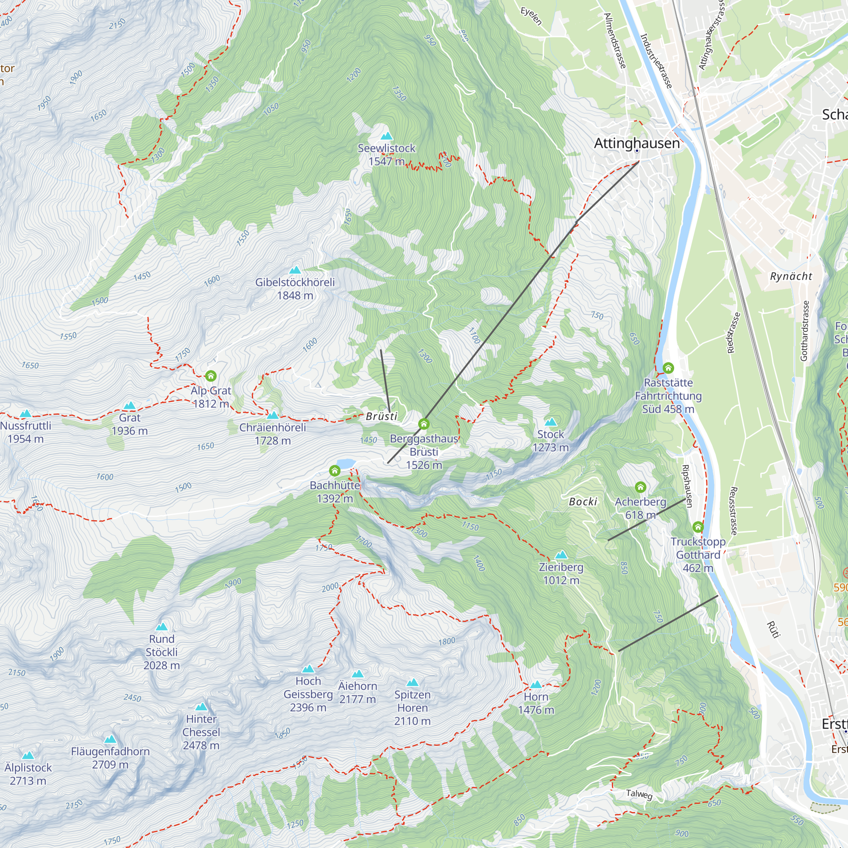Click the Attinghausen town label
pyautogui.click(x=636, y=143)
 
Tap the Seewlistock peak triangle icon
pyautogui.click(x=386, y=136)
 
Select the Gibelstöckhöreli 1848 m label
pyautogui.click(x=295, y=288)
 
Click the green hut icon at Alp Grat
pyautogui.click(x=211, y=376)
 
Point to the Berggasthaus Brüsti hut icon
pyautogui.click(x=424, y=424)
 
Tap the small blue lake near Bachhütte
pyautogui.click(x=346, y=463)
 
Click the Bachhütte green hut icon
pyautogui.click(x=335, y=471)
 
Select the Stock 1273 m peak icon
pyautogui.click(x=550, y=422)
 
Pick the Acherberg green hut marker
pyautogui.click(x=640, y=487)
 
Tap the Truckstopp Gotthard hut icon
pyautogui.click(x=698, y=527)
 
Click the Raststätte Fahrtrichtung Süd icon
pyautogui.click(x=668, y=367)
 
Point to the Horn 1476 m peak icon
pyautogui.click(x=536, y=685)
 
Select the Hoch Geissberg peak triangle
pyautogui.click(x=308, y=669)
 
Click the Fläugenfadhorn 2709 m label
pyautogui.click(x=110, y=758)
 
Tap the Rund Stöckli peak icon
pyautogui.click(x=162, y=627)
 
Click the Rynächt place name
pyautogui.click(x=791, y=276)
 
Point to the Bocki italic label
pyautogui.click(x=583, y=502)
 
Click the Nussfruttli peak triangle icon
pyautogui.click(x=25, y=413)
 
